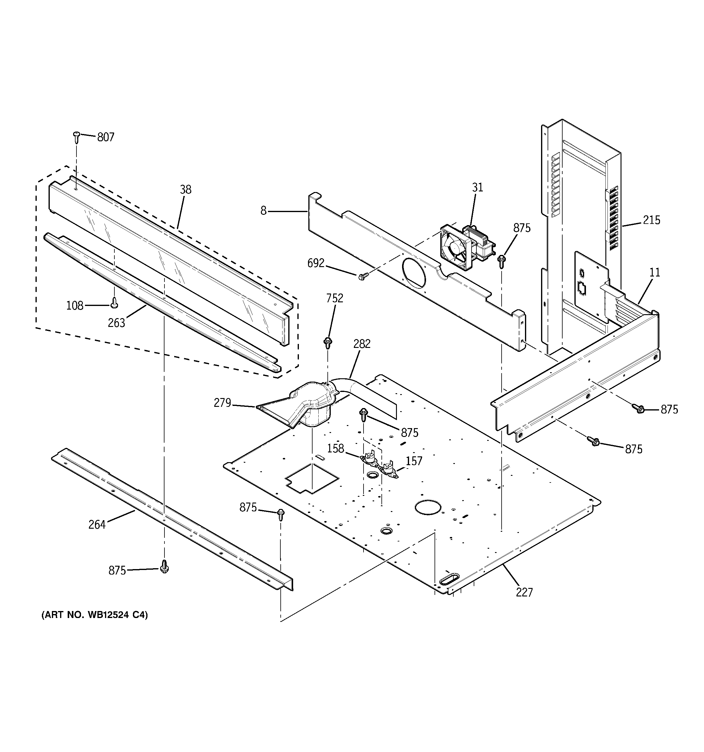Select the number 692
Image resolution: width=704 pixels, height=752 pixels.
pos(316,263)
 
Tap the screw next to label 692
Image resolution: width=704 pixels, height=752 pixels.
pos(362,277)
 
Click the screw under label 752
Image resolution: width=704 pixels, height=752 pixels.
pos(328,343)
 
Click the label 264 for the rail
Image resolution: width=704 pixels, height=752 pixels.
pos(97,525)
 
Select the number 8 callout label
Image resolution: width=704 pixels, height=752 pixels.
pos(263,211)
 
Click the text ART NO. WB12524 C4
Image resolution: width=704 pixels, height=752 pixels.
pos(94,615)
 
